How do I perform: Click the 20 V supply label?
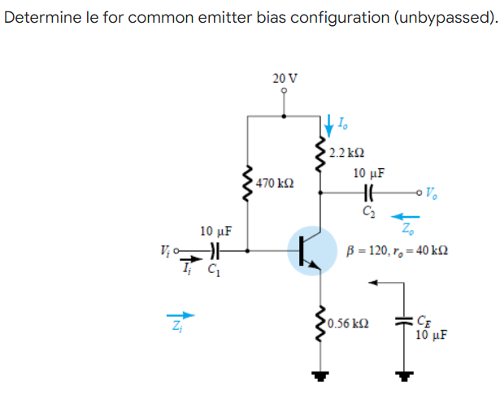[x=285, y=79]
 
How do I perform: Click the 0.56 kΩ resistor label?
[x=351, y=323]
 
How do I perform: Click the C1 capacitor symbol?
[x=214, y=250]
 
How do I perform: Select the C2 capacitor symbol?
[x=368, y=193]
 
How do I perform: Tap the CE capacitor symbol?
[x=402, y=321]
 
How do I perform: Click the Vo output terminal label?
[x=430, y=193]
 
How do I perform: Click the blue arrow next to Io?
[x=329, y=124]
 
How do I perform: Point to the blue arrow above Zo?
[x=407, y=217]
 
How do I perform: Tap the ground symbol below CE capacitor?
[x=402, y=376]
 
